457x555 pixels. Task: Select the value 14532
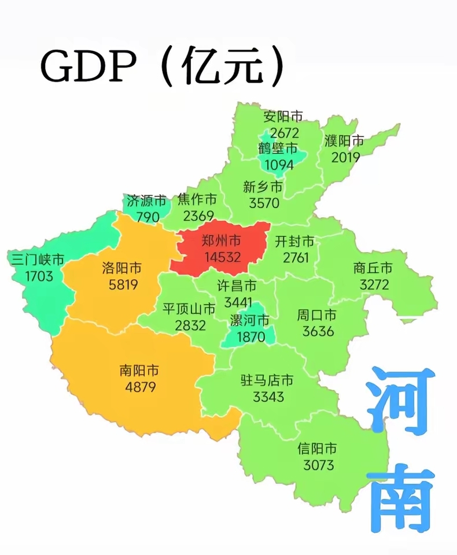tap(221, 257)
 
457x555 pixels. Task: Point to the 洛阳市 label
tap(121, 268)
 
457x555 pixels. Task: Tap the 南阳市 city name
tap(139, 371)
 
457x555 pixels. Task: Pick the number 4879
tap(140, 386)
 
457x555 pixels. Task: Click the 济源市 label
tap(145, 201)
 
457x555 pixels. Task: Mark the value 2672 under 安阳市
tap(281, 133)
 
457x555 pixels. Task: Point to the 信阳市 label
tap(317, 449)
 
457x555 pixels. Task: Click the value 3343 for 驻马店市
tap(268, 397)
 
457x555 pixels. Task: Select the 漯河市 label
tap(250, 320)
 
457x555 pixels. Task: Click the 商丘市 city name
tap(373, 268)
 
